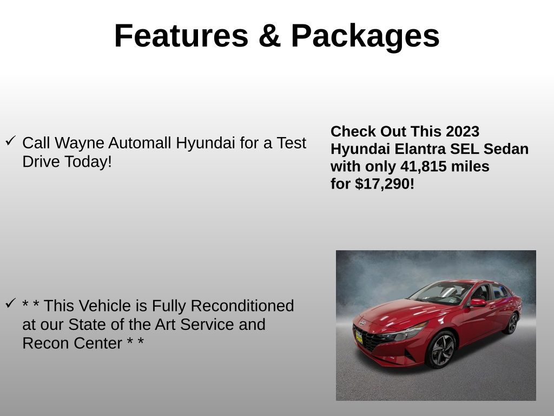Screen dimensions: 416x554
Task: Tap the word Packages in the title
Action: (x=365, y=36)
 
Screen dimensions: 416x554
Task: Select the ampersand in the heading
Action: (x=269, y=36)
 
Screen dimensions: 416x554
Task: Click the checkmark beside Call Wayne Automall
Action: (x=10, y=141)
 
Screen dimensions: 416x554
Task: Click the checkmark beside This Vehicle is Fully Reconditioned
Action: (x=10, y=303)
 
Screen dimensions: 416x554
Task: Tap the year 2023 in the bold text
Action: (x=463, y=132)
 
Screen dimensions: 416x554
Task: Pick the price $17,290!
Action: (x=385, y=184)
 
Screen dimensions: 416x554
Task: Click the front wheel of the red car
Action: (x=442, y=349)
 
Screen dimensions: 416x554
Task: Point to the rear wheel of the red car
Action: (x=511, y=323)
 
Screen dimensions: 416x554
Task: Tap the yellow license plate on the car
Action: (x=359, y=336)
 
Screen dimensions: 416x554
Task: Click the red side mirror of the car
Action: (x=477, y=302)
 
